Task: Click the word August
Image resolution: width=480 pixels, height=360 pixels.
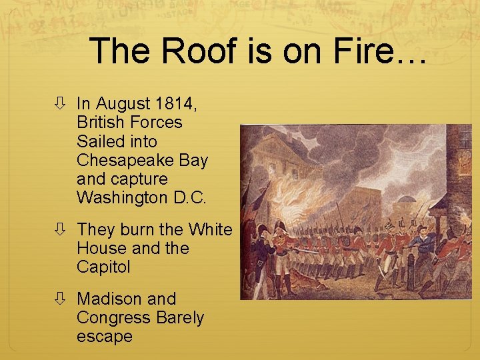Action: [121, 103]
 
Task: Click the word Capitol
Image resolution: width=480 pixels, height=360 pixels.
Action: [103, 267]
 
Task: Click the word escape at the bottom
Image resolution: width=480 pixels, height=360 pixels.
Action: [104, 337]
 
